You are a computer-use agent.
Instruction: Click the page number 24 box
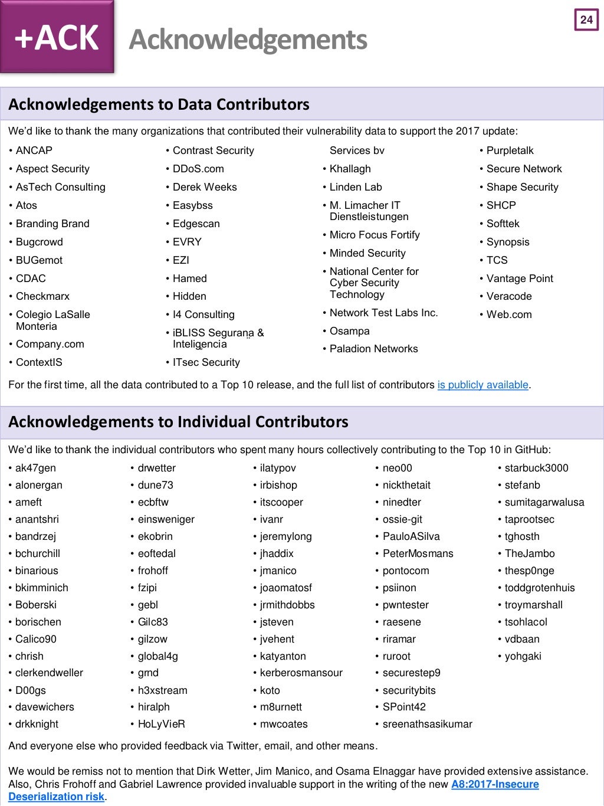pyautogui.click(x=586, y=20)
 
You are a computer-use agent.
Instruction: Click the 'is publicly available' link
pyautogui.click(x=482, y=385)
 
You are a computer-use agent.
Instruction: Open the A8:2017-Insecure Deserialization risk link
pyautogui.click(x=494, y=784)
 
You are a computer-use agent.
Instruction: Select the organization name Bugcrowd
pyautogui.click(x=39, y=242)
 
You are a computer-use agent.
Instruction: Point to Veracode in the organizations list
pyautogui.click(x=508, y=296)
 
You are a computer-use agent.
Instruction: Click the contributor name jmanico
pyautogui.click(x=278, y=571)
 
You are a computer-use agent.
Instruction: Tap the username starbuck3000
pyautogui.click(x=536, y=468)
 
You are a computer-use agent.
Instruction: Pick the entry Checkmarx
pyautogui.click(x=42, y=296)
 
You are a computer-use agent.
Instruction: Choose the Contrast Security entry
pyautogui.click(x=213, y=150)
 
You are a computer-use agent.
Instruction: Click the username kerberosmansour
pyautogui.click(x=301, y=673)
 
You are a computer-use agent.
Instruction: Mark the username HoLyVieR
pyautogui.click(x=161, y=724)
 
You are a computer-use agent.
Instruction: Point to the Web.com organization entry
pyautogui.click(x=508, y=314)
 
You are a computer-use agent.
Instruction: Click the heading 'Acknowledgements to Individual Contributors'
pyautogui.click(x=178, y=422)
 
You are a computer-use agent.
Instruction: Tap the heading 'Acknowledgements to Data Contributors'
pyautogui.click(x=159, y=104)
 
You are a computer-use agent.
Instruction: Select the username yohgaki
pyautogui.click(x=523, y=656)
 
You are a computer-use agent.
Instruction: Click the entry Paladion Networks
pyautogui.click(x=373, y=349)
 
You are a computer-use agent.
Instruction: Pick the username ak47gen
pyautogui.click(x=35, y=468)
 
